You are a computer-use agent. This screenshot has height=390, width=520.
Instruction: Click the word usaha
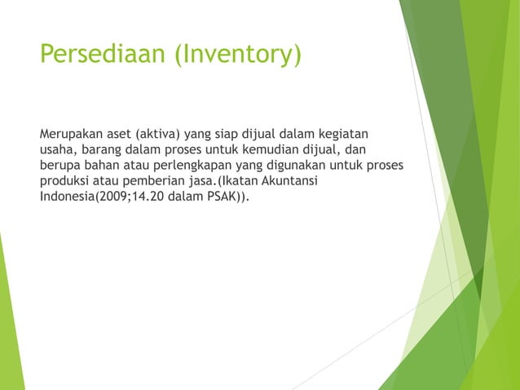pos(58,148)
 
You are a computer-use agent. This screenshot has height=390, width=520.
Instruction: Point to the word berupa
pos(59,165)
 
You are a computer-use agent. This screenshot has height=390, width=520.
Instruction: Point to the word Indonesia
pos(67,197)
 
